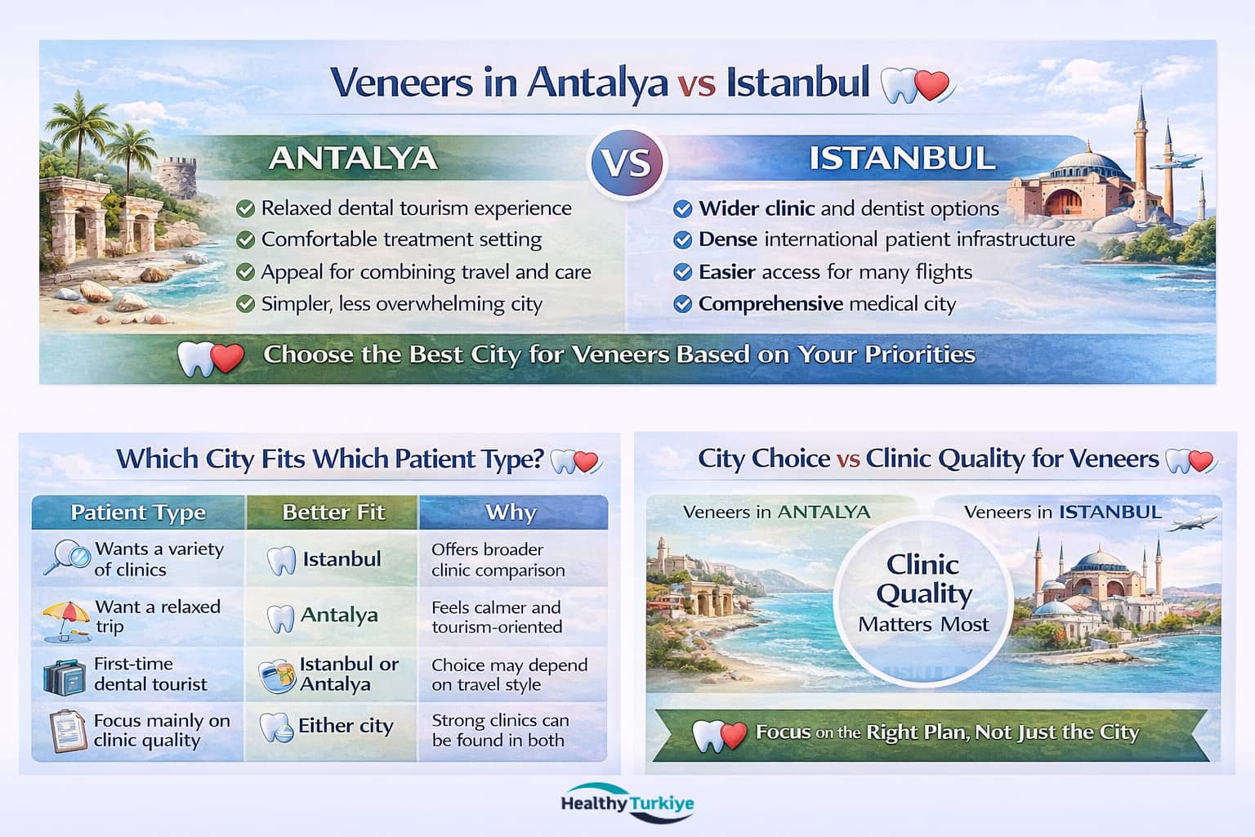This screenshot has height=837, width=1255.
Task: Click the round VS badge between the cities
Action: (627, 163)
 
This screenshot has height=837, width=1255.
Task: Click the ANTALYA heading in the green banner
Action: (353, 158)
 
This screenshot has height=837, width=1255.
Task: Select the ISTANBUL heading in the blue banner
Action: (902, 158)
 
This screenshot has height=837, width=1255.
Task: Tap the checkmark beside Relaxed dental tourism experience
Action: (245, 208)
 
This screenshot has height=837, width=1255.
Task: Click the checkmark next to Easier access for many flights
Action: (682, 272)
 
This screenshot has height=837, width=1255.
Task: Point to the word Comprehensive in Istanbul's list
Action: (770, 304)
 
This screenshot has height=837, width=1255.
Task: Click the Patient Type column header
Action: (138, 512)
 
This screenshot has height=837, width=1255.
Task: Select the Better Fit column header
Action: (333, 512)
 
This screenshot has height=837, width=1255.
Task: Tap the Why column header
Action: (511, 512)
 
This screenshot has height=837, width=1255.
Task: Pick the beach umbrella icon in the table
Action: (66, 618)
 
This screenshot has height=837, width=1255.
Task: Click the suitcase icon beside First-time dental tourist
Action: (65, 676)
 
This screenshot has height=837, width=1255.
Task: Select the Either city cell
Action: (333, 726)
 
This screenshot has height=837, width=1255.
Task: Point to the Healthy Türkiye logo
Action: (627, 803)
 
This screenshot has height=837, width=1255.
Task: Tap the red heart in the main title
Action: (932, 85)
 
